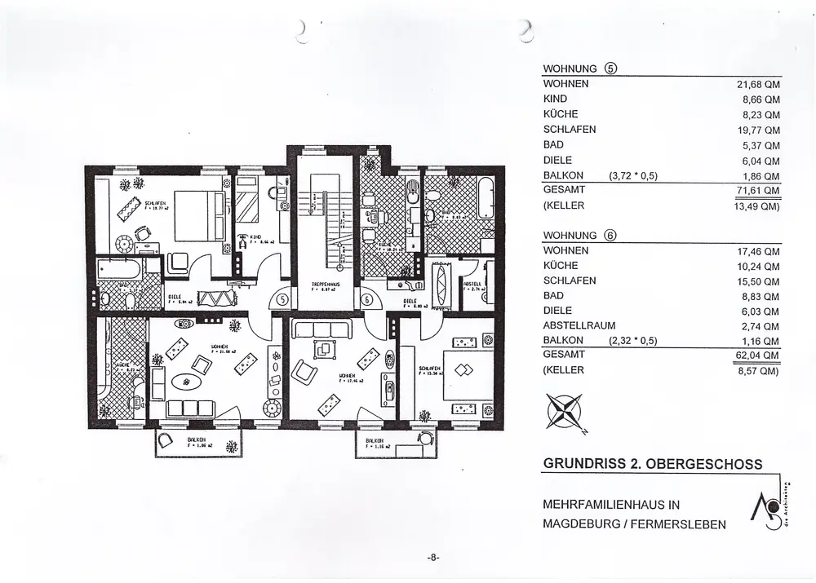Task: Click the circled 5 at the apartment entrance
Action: click(281, 299)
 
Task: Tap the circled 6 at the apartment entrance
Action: click(368, 299)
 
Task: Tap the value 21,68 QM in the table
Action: click(759, 84)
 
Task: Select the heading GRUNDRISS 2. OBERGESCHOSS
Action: click(652, 464)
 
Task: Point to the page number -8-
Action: click(433, 558)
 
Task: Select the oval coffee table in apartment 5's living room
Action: click(191, 381)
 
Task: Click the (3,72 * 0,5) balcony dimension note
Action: click(633, 175)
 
